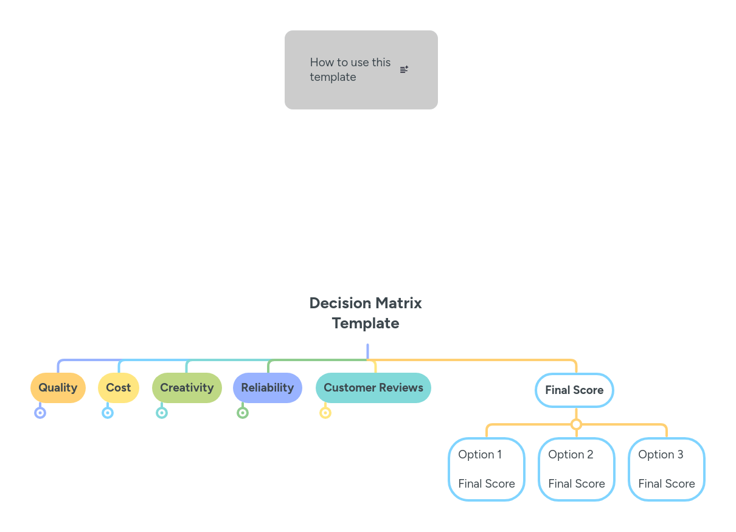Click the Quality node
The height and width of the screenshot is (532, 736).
pyautogui.click(x=58, y=388)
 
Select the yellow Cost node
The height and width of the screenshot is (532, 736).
pyautogui.click(x=119, y=388)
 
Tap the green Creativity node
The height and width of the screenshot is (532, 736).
pyautogui.click(x=187, y=388)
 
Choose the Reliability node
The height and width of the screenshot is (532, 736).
pyautogui.click(x=267, y=388)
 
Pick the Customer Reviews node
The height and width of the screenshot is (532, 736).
pyautogui.click(x=373, y=388)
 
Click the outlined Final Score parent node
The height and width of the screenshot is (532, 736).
pyautogui.click(x=574, y=390)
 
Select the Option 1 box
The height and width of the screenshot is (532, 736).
pyautogui.click(x=487, y=469)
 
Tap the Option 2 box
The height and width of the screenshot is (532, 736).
pyautogui.click(x=577, y=469)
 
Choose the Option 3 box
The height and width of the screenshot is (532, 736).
pyautogui.click(x=667, y=469)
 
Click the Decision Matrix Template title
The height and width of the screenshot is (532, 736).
pyautogui.click(x=366, y=313)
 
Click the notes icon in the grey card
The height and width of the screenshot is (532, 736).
pyautogui.click(x=404, y=70)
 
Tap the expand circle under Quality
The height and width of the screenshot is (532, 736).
pyautogui.click(x=40, y=413)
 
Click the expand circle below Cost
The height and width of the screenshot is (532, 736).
pyautogui.click(x=108, y=413)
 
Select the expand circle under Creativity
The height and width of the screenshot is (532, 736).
pyautogui.click(x=162, y=413)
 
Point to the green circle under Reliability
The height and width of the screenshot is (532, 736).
pyautogui.click(x=243, y=413)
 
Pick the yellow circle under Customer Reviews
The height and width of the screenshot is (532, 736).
pyautogui.click(x=325, y=413)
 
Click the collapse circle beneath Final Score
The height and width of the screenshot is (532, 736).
pyautogui.click(x=577, y=424)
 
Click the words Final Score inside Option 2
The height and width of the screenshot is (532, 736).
pyautogui.click(x=577, y=484)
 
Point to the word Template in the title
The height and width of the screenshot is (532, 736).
pyautogui.click(x=366, y=323)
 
